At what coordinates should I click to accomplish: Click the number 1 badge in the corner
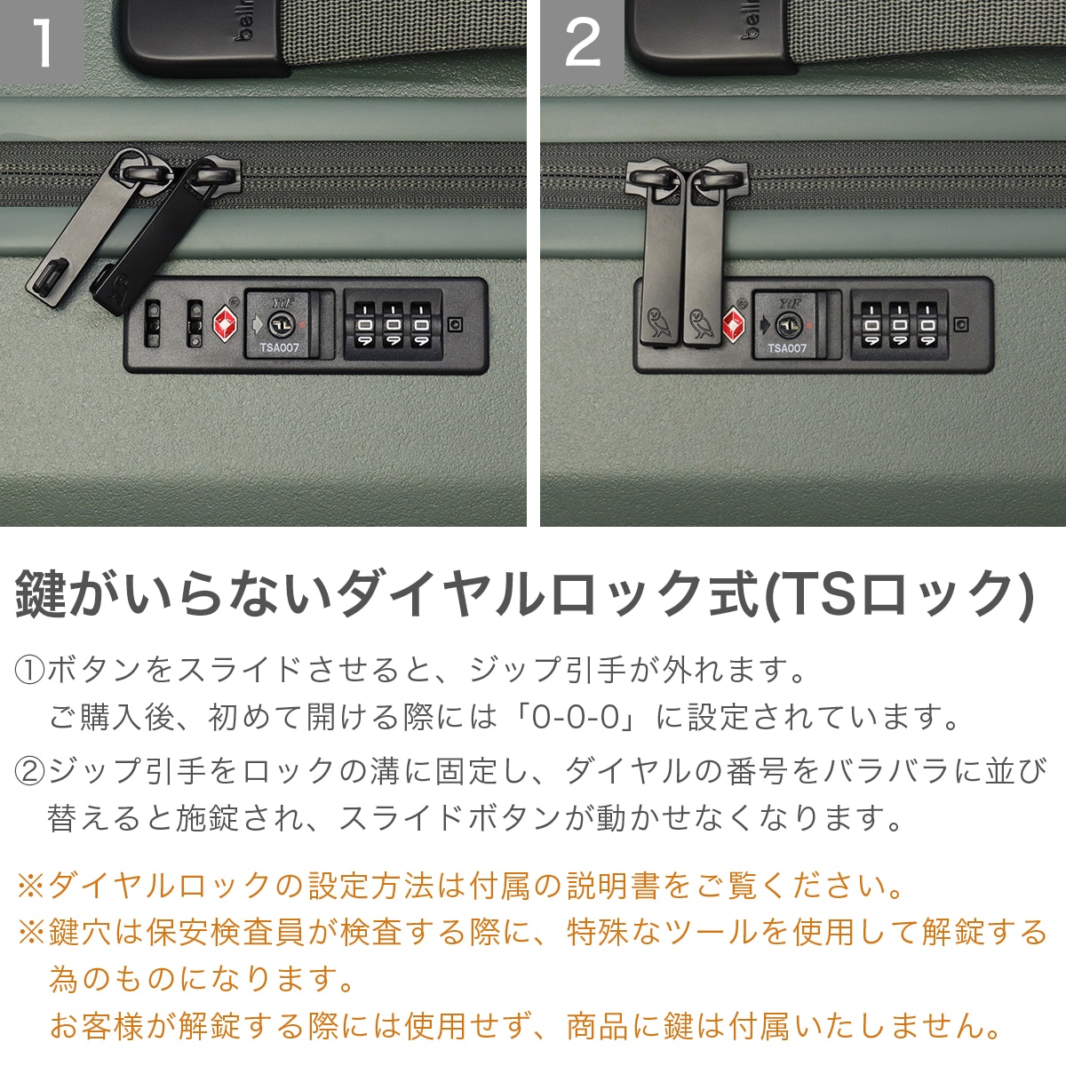(42, 42)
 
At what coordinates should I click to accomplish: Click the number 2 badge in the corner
(582, 42)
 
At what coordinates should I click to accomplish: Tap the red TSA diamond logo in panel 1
(225, 324)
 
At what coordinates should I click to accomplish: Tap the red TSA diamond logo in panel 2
(734, 324)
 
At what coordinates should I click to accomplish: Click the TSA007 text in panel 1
(279, 348)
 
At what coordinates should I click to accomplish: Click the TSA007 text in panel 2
(787, 348)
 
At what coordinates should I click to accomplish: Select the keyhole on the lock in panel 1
(280, 324)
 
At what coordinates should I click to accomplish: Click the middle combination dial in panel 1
(393, 325)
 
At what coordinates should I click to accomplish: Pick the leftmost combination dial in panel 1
(364, 325)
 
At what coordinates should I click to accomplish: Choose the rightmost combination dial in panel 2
(927, 325)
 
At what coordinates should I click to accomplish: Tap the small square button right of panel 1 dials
(455, 324)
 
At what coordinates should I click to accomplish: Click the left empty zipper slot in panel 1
(152, 323)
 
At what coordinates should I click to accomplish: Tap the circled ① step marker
(29, 670)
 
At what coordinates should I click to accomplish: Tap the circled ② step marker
(29, 772)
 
